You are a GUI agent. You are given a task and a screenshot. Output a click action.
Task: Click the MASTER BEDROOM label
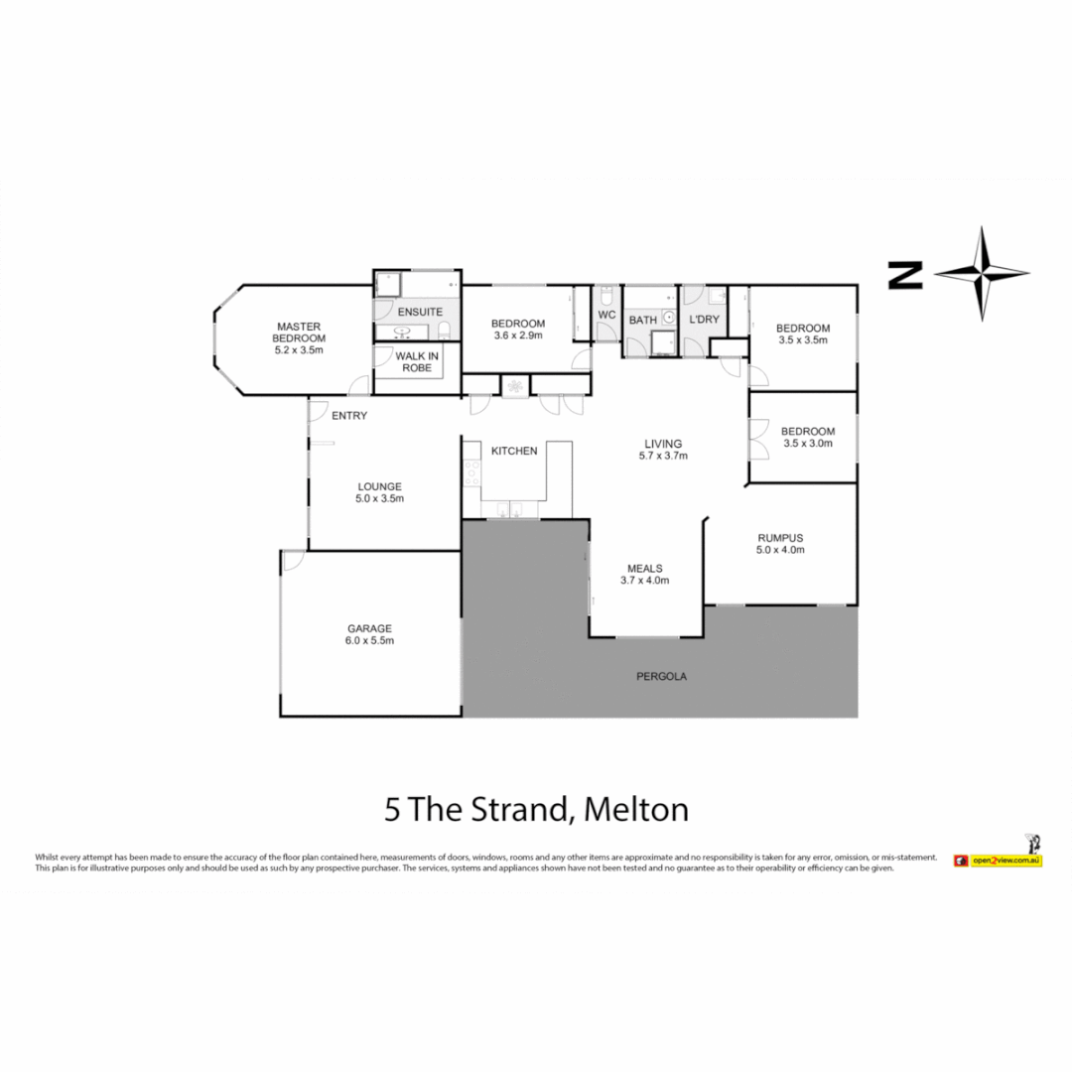point(299,333)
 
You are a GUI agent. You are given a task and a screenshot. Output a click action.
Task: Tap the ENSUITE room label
point(420,312)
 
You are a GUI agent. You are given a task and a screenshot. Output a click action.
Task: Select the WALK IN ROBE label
point(417,361)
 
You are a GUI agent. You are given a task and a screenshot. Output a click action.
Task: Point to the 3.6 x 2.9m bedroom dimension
point(518,335)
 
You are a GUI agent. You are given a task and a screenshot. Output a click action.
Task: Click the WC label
point(607,316)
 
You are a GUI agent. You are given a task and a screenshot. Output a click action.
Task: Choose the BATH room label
point(642,320)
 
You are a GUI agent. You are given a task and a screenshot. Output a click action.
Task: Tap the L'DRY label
point(704,320)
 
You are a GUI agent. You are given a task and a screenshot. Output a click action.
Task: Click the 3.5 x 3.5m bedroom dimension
point(803,339)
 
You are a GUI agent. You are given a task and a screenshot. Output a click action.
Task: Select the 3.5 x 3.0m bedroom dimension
point(808,443)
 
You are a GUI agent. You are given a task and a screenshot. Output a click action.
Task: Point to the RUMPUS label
point(780,538)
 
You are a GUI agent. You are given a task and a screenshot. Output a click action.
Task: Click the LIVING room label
point(663,444)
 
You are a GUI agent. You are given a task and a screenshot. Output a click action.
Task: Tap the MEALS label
point(645,569)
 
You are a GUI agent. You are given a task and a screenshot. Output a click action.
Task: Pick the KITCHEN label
point(514,452)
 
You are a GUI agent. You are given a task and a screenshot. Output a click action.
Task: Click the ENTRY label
point(349,416)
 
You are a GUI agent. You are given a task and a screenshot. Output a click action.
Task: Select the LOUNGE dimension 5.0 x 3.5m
point(379,498)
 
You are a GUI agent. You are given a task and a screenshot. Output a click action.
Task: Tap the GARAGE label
point(370,629)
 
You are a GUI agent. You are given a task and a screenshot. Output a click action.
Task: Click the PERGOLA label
point(662,677)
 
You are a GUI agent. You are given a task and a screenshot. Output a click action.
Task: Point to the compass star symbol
point(982,274)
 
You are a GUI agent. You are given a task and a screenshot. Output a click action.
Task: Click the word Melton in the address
point(636,810)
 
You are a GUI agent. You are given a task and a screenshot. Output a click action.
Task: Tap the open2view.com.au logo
point(999,861)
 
